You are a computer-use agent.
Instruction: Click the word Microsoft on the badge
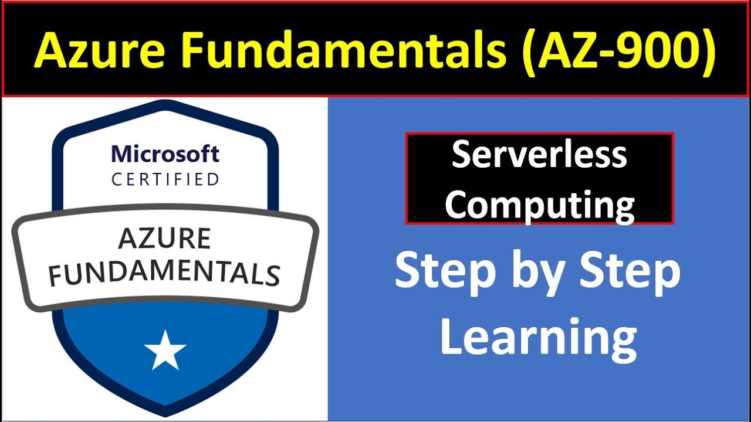[x=165, y=154]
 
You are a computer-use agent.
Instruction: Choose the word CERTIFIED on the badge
[x=165, y=179]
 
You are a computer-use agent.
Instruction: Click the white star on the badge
[x=165, y=350]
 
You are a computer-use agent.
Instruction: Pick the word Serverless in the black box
[x=539, y=155]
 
